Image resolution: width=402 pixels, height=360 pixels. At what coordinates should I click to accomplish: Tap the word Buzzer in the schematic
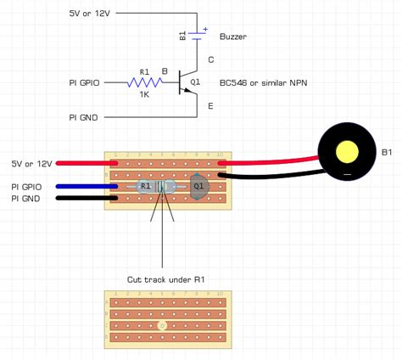[x=233, y=37]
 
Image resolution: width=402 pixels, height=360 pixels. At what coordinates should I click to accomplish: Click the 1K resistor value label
[x=143, y=95]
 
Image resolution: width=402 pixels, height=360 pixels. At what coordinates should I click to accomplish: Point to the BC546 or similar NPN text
[x=263, y=82]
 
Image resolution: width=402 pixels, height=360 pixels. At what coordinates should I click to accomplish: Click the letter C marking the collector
[x=211, y=59]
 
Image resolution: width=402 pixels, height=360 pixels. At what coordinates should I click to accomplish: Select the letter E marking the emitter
[x=211, y=107]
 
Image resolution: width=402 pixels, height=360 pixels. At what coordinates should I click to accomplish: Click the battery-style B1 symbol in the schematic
[x=196, y=35]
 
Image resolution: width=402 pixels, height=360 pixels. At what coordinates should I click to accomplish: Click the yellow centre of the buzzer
[x=348, y=152]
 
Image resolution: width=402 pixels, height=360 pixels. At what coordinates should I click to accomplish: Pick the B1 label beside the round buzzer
[x=387, y=152]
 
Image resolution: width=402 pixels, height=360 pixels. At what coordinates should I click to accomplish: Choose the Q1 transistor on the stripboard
[x=198, y=187]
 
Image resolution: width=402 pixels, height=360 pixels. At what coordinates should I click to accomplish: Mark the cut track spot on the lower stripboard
[x=163, y=324]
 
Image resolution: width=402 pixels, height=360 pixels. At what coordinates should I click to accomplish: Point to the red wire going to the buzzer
[x=271, y=161]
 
